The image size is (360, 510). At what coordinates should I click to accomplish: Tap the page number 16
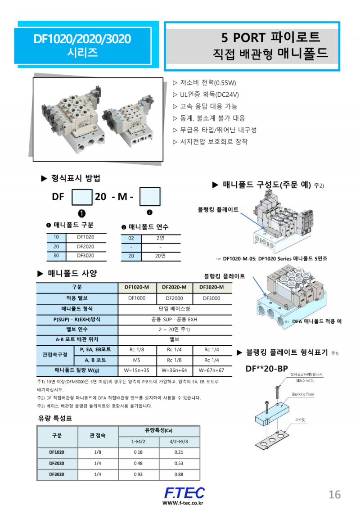tap(334, 495)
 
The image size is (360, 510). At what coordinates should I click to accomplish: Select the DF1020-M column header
tap(137, 288)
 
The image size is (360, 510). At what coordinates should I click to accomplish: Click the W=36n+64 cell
tap(174, 370)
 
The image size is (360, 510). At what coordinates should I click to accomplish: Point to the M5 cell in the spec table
tap(137, 360)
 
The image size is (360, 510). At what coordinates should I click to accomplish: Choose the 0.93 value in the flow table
tap(138, 474)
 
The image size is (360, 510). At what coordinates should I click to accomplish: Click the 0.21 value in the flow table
tap(179, 452)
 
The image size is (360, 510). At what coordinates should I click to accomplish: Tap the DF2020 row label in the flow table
tap(57, 463)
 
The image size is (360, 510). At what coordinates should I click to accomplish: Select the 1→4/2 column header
tap(138, 442)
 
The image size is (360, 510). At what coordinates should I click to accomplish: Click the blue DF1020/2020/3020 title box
tap(82, 45)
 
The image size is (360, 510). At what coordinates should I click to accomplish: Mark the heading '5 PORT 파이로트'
tap(270, 37)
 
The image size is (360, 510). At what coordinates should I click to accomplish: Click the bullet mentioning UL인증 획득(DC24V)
tap(209, 95)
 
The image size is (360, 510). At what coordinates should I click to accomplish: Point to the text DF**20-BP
tap(266, 369)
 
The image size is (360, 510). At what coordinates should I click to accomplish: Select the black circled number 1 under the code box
tap(82, 213)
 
